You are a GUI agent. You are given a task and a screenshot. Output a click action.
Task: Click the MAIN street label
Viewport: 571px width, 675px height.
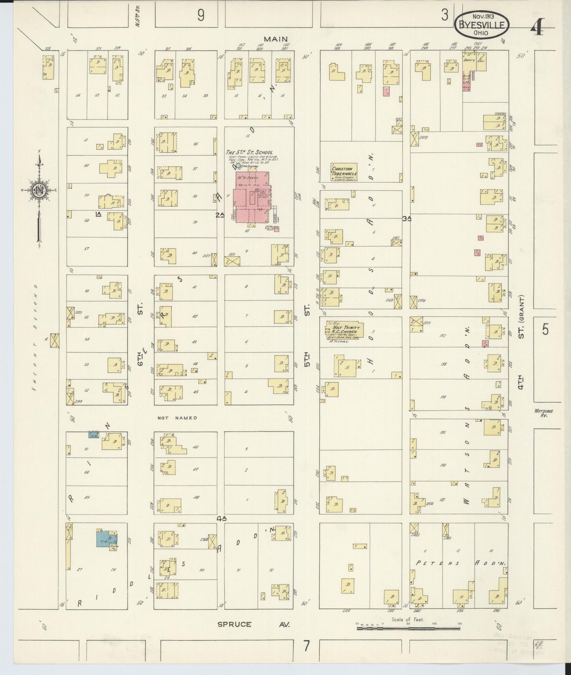coord(276,39)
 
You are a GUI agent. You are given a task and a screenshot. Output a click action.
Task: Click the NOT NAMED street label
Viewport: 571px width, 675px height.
coord(177,418)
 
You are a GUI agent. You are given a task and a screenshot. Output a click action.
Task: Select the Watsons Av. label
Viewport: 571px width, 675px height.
coord(544,413)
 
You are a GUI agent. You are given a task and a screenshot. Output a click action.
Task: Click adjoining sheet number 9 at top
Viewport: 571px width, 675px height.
coord(201,15)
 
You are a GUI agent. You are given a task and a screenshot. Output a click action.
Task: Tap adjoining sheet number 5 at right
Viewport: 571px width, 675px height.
coord(545,329)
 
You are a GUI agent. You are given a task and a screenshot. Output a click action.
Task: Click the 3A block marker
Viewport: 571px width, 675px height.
coord(407,218)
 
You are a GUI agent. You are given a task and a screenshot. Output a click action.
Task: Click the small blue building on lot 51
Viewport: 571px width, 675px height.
coord(93,435)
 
